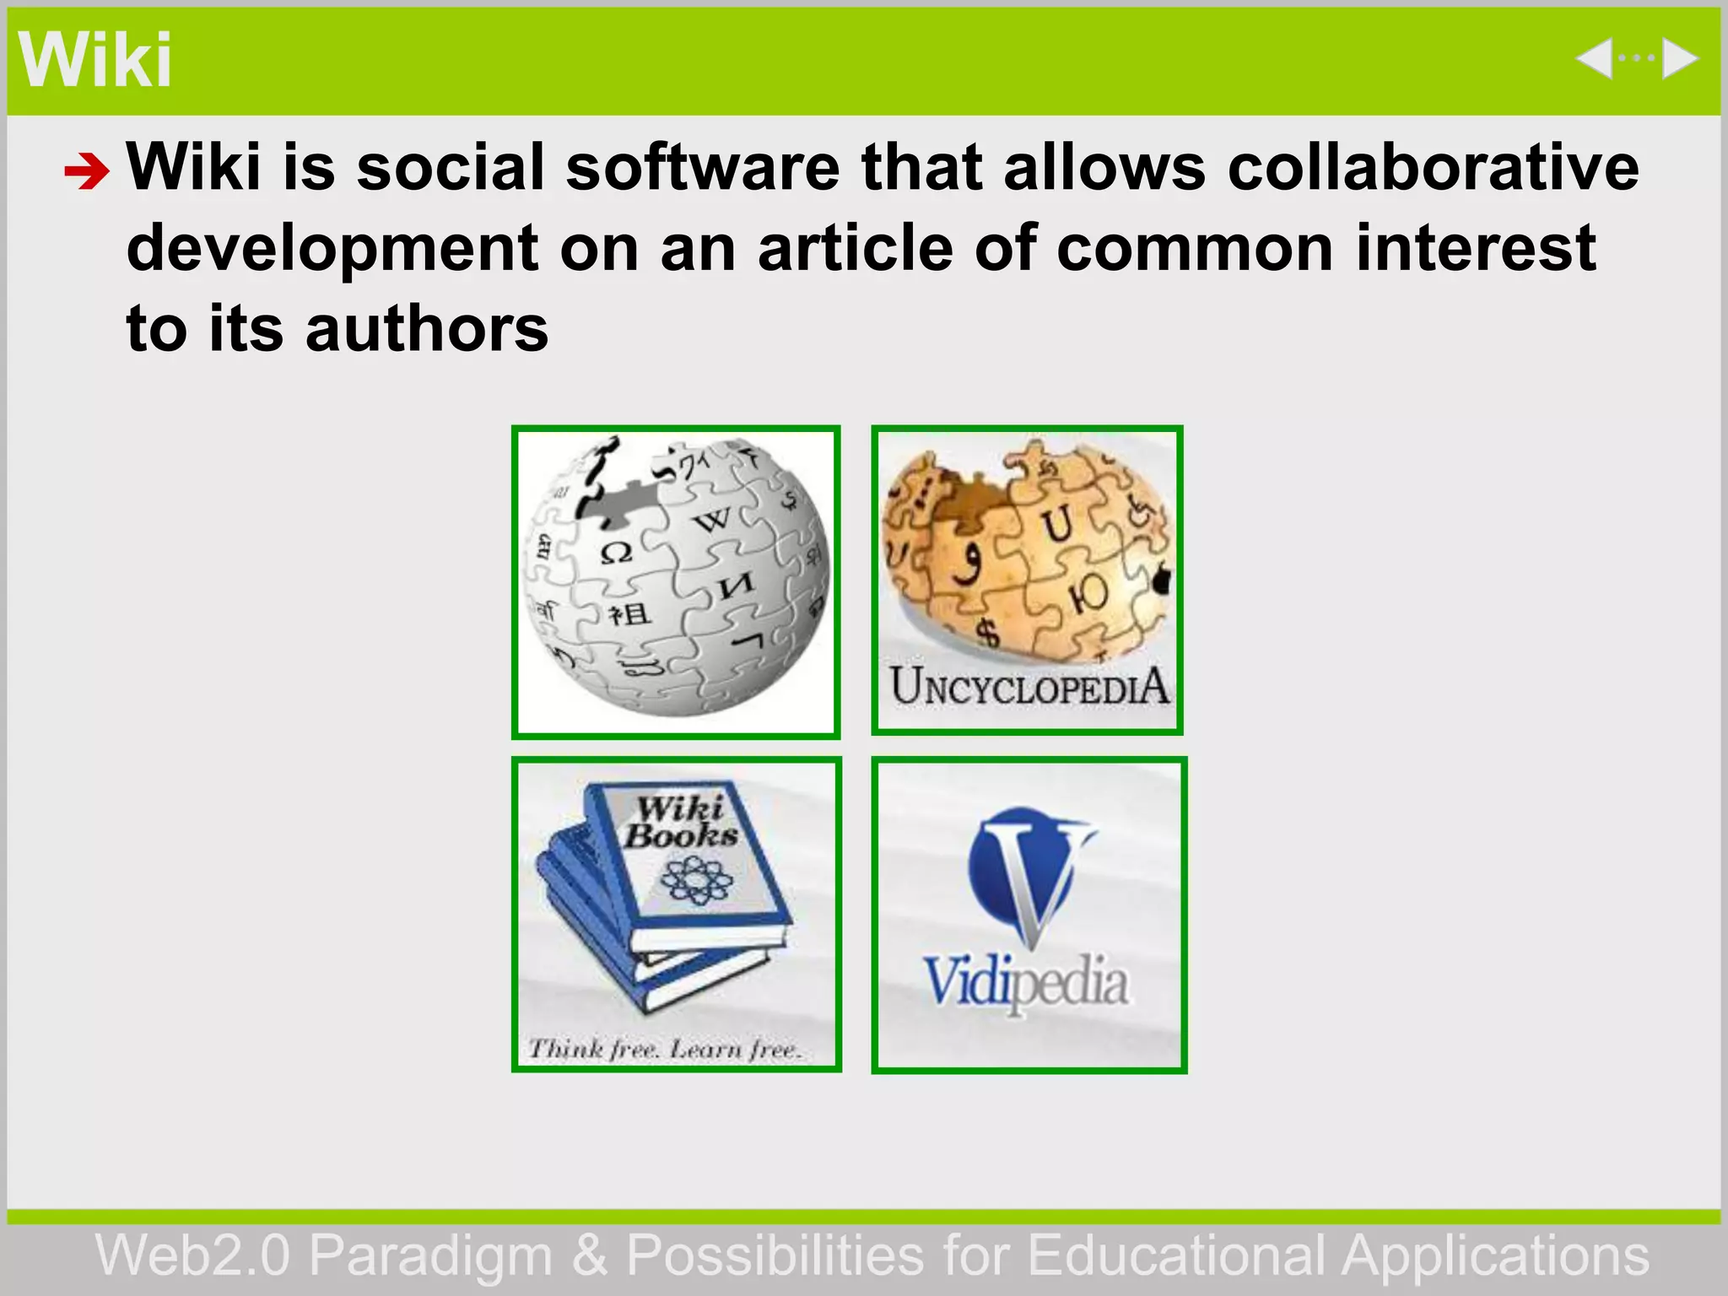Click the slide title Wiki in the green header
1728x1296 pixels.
click(x=94, y=61)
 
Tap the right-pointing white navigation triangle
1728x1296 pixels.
click(x=1679, y=59)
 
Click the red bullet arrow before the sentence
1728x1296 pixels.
click(x=86, y=172)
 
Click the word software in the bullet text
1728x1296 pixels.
click(x=702, y=167)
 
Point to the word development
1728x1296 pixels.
click(x=332, y=250)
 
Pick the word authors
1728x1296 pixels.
click(x=426, y=329)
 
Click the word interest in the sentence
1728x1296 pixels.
click(x=1476, y=248)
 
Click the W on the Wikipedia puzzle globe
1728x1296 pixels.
click(x=712, y=519)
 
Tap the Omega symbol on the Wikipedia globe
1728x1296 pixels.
click(x=616, y=553)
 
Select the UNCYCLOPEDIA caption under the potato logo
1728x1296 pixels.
click(x=1029, y=687)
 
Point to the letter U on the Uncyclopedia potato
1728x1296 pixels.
click(x=1056, y=522)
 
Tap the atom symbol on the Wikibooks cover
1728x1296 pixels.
click(x=696, y=880)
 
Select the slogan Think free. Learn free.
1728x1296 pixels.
click(x=664, y=1049)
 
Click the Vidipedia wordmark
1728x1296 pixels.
click(x=1026, y=984)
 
